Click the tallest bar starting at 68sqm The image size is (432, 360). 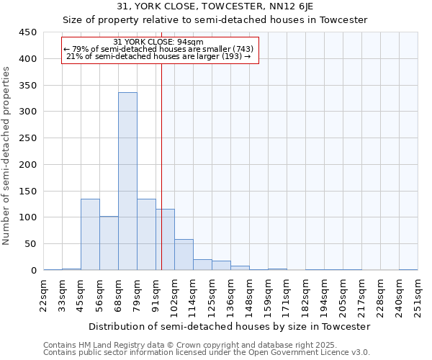(x=127, y=181)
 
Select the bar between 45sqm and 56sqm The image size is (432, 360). (x=90, y=235)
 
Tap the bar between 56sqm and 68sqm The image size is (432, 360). (x=109, y=243)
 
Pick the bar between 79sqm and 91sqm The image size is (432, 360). (x=146, y=235)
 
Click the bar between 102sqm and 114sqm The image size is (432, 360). (x=184, y=255)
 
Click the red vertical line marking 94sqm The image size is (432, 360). (x=161, y=166)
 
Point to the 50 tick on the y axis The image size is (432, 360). (x=33, y=244)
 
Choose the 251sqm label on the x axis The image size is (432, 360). (x=418, y=294)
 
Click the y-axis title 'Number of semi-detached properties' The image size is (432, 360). (x=7, y=156)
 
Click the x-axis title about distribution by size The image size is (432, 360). (x=230, y=326)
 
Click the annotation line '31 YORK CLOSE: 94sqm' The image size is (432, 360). (x=158, y=42)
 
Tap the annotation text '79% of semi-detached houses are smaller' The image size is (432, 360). (x=158, y=49)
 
